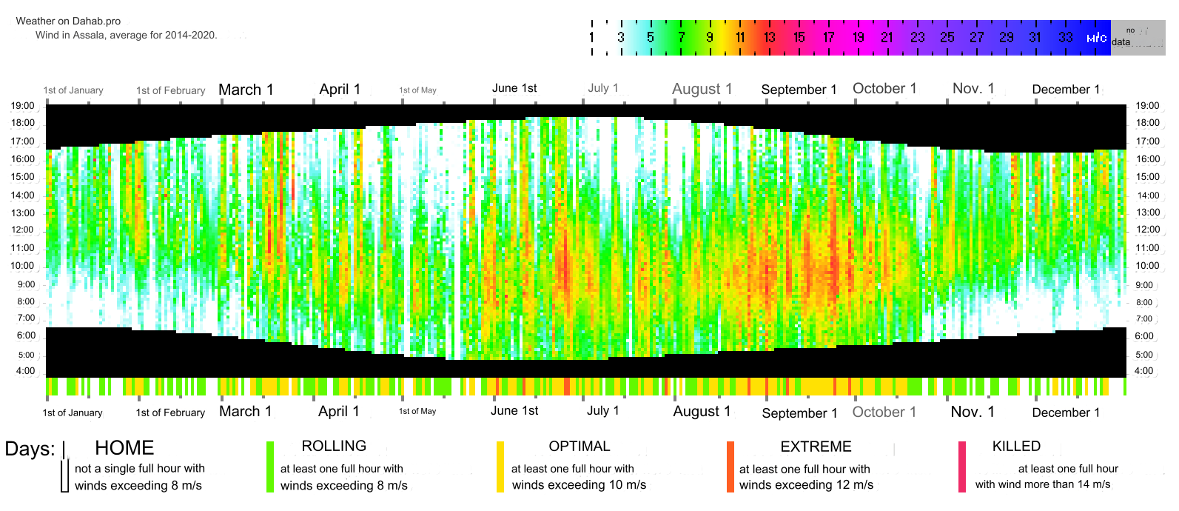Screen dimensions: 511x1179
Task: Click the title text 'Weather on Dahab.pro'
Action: (x=68, y=21)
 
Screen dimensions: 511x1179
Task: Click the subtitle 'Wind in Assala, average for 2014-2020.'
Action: (x=127, y=35)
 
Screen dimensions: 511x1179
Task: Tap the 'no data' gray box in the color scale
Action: (x=1138, y=37)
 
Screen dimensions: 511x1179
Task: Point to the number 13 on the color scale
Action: (x=770, y=37)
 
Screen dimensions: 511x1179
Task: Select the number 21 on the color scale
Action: (x=887, y=37)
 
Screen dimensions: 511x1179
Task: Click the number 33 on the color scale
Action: (x=1065, y=37)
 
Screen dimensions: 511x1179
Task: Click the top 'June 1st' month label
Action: (x=514, y=88)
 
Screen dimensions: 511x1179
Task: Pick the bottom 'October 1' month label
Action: (x=884, y=412)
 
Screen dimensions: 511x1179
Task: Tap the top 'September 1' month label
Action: (x=799, y=90)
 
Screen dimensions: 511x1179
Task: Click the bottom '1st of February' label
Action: (x=170, y=413)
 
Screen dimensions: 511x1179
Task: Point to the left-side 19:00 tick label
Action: (x=22, y=106)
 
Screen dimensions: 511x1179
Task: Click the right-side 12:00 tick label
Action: (x=1148, y=230)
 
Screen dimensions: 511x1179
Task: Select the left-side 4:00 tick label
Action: (x=25, y=371)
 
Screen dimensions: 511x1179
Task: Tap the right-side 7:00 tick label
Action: (x=1144, y=319)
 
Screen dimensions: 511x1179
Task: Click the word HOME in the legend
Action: (x=124, y=448)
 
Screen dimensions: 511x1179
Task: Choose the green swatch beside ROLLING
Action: (x=270, y=467)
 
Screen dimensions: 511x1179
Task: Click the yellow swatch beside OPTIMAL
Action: (x=500, y=467)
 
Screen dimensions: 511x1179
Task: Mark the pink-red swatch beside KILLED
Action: (x=962, y=467)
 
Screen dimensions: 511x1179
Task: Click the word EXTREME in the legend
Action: (x=816, y=447)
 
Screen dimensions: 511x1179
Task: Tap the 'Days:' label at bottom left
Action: (x=30, y=449)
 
